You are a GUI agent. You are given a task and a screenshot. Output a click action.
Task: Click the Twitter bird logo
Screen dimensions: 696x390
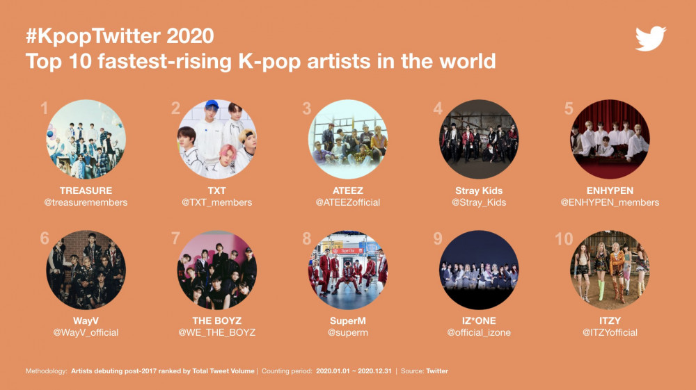click(x=651, y=38)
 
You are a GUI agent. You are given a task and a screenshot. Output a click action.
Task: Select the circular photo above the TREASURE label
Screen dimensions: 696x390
click(x=86, y=139)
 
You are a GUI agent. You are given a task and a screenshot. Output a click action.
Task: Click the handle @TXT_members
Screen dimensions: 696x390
click(x=216, y=202)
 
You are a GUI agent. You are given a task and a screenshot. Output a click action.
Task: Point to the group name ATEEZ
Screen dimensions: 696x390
click(x=348, y=190)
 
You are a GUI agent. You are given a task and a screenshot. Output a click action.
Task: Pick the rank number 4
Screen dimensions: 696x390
click(x=438, y=108)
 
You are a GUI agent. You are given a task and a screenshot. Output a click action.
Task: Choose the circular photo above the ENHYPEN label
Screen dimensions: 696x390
click(x=610, y=139)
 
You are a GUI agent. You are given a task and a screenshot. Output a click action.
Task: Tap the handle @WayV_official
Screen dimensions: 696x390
click(x=86, y=332)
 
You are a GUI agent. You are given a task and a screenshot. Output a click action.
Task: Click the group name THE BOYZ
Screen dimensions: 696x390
click(x=217, y=320)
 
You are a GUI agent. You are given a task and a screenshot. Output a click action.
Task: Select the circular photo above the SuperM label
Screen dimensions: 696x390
click(x=348, y=270)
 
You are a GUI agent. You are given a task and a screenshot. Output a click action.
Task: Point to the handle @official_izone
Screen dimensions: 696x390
click(x=479, y=332)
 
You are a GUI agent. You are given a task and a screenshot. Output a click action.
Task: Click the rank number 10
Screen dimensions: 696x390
click(x=564, y=239)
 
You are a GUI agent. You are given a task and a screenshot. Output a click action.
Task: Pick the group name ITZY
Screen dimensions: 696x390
click(x=610, y=320)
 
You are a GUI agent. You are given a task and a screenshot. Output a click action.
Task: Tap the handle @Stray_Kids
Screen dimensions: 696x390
click(x=479, y=202)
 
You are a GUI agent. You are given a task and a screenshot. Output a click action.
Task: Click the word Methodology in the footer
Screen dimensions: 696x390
click(x=46, y=371)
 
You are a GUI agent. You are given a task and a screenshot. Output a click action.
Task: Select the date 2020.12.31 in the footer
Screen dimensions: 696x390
click(x=374, y=371)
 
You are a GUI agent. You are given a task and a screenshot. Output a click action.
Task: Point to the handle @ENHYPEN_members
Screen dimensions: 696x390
click(x=610, y=202)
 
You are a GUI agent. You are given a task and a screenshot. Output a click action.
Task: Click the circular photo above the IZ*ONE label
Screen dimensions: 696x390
click(x=479, y=270)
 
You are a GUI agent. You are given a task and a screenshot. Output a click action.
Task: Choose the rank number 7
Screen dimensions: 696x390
click(x=176, y=238)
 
